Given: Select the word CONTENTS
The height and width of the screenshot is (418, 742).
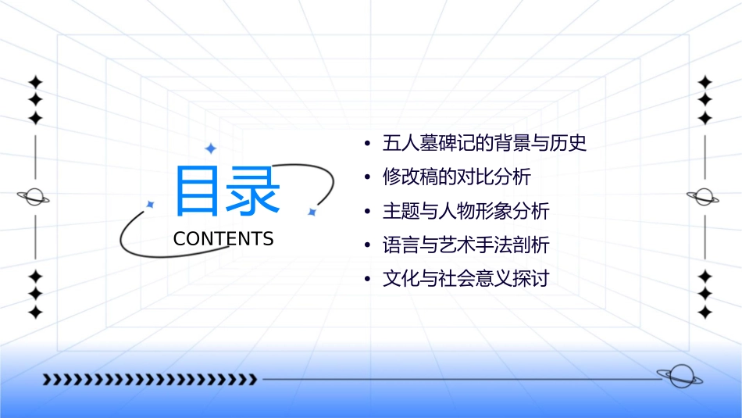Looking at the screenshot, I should [223, 239].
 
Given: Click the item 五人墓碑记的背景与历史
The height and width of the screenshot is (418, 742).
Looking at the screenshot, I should [484, 144].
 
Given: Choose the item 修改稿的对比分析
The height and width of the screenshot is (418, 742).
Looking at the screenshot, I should [456, 177].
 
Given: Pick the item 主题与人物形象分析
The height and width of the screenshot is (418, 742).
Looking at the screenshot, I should [466, 211].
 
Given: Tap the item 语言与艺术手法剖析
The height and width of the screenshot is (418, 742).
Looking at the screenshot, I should [466, 245].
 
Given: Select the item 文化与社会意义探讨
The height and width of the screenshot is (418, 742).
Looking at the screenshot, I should [466, 279].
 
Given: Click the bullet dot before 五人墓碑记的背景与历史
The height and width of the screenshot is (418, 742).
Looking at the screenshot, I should [367, 145].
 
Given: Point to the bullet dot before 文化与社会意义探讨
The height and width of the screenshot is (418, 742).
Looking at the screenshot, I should [367, 280].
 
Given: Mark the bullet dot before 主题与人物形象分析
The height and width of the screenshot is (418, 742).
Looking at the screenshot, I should [367, 212].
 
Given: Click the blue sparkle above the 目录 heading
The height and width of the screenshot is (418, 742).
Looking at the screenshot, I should [209, 148].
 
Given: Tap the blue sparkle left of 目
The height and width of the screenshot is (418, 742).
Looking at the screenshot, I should [151, 205].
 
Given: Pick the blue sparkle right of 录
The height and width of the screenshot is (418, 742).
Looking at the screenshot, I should [311, 212].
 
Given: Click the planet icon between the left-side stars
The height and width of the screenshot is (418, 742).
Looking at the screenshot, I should [34, 197].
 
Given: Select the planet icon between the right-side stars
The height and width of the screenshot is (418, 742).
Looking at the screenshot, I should [704, 197].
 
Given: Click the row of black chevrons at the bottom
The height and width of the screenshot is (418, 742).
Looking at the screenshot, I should [149, 380].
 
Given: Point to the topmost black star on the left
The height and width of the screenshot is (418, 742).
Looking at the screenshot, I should [34, 82].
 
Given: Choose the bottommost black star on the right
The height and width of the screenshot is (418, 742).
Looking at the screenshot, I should [705, 313].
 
